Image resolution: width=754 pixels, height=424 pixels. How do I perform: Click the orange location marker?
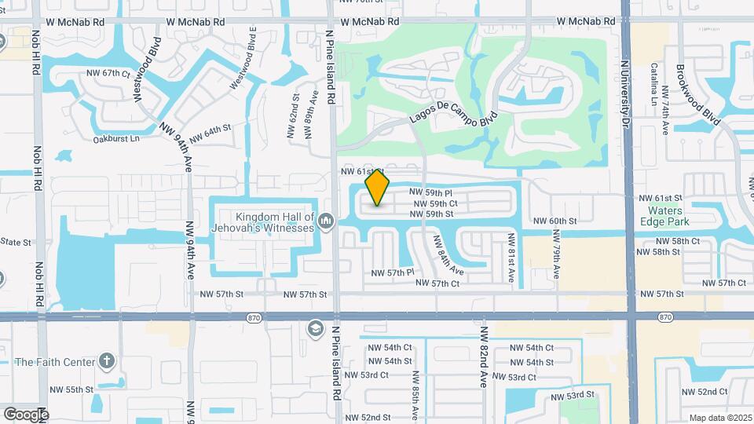coord(378,188)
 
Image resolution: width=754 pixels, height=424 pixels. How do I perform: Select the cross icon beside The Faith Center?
coord(108,361)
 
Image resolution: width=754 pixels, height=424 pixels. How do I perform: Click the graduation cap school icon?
coord(315,328)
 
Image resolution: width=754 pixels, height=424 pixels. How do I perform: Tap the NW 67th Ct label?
coord(108,73)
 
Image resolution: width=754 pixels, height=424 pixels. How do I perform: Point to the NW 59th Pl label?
coord(431,192)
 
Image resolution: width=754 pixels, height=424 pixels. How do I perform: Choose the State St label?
coord(16,242)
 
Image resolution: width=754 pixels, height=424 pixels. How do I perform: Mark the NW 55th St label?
coord(71,389)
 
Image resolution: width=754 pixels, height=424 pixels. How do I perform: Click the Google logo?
coord(26,414)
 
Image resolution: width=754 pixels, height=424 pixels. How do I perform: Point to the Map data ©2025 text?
coord(719,418)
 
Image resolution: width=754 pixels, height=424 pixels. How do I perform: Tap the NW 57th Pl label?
coord(393,272)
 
